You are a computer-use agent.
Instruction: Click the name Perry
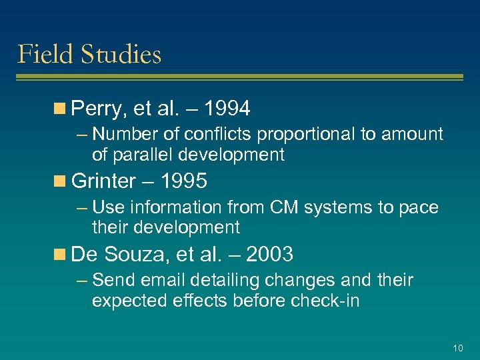tap(96, 108)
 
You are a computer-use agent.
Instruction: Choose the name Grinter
tap(103, 181)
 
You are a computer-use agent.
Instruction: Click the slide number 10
tap(457, 348)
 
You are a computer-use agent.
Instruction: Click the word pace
tap(421, 208)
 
